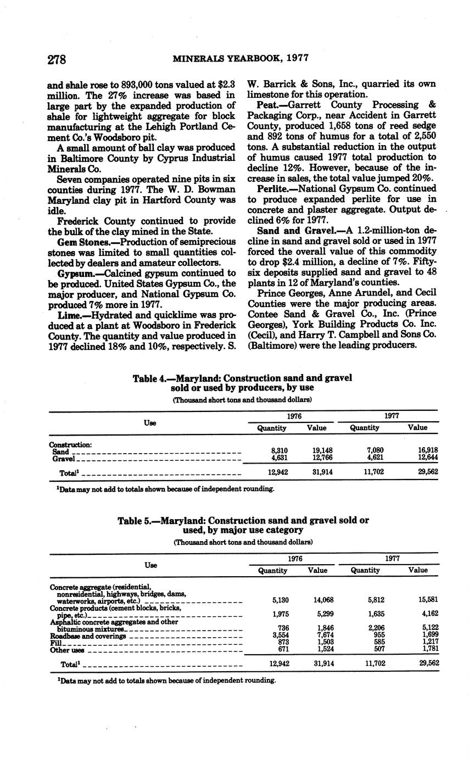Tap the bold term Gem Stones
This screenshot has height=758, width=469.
76,242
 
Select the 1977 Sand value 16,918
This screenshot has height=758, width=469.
428,450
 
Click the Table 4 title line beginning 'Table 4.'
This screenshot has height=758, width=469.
242,378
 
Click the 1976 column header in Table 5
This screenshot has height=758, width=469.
294,558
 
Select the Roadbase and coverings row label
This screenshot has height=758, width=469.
88,636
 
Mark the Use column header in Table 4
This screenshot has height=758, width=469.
150,422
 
